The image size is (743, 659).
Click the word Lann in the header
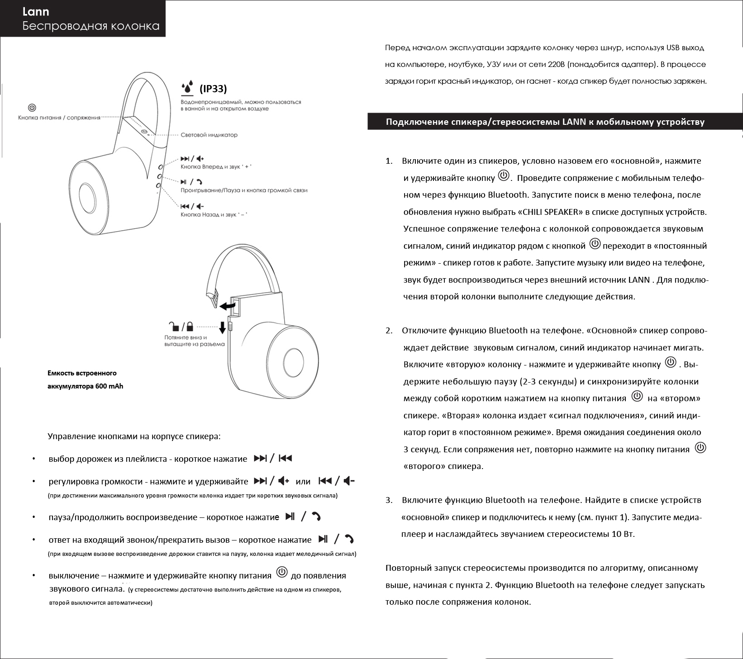36,12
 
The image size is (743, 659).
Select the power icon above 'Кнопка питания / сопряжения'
32,108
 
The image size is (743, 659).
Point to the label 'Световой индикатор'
209,135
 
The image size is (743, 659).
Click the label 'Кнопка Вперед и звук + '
216,167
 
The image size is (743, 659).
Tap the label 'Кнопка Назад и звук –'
214,214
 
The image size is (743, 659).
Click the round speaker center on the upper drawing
87,196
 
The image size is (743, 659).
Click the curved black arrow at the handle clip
227,306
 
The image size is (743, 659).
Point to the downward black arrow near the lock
222,327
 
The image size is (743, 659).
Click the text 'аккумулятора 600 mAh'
85,386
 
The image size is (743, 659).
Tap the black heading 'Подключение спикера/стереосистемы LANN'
545,122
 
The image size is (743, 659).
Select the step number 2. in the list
389,331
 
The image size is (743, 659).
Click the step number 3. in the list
389,500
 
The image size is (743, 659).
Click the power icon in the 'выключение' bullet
281,572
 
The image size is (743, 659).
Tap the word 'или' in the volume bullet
303,482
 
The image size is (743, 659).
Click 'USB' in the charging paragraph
672,48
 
